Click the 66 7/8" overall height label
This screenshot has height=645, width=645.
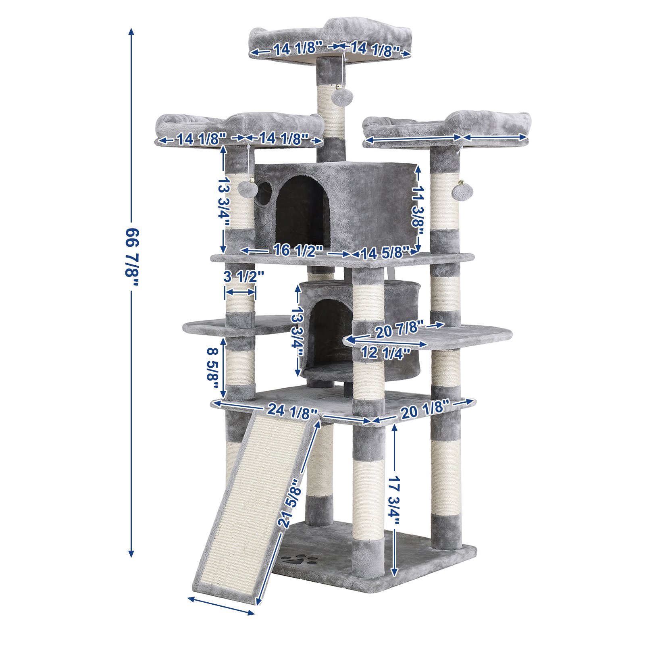click(x=132, y=257)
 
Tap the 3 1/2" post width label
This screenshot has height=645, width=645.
click(x=244, y=277)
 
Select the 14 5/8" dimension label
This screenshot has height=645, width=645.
click(x=385, y=253)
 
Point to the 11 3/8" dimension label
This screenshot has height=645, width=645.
click(x=418, y=210)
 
